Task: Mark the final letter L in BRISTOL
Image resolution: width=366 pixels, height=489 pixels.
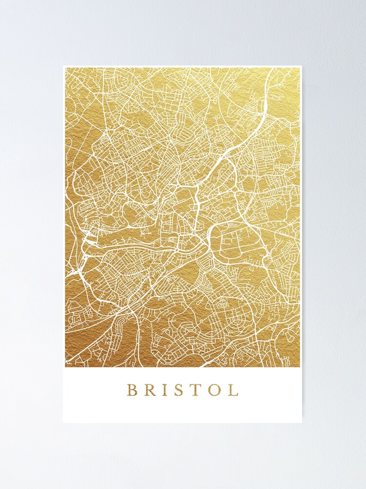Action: pos(233,390)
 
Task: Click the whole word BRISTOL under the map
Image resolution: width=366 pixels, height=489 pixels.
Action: pos(183,390)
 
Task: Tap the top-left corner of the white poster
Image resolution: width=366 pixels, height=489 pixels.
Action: pos(63,66)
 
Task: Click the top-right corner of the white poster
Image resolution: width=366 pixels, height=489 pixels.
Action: pos(302,66)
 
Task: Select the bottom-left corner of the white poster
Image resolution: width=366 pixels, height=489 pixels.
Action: pos(63,422)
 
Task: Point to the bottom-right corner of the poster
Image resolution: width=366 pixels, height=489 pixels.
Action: pos(302,422)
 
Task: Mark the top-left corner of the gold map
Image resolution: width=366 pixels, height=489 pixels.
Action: pos(65,68)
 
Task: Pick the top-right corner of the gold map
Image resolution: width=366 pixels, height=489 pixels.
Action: pos(300,68)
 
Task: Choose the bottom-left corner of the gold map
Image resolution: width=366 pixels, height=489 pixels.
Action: pos(65,367)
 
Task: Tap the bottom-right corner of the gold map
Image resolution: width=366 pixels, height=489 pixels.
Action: pos(300,367)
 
